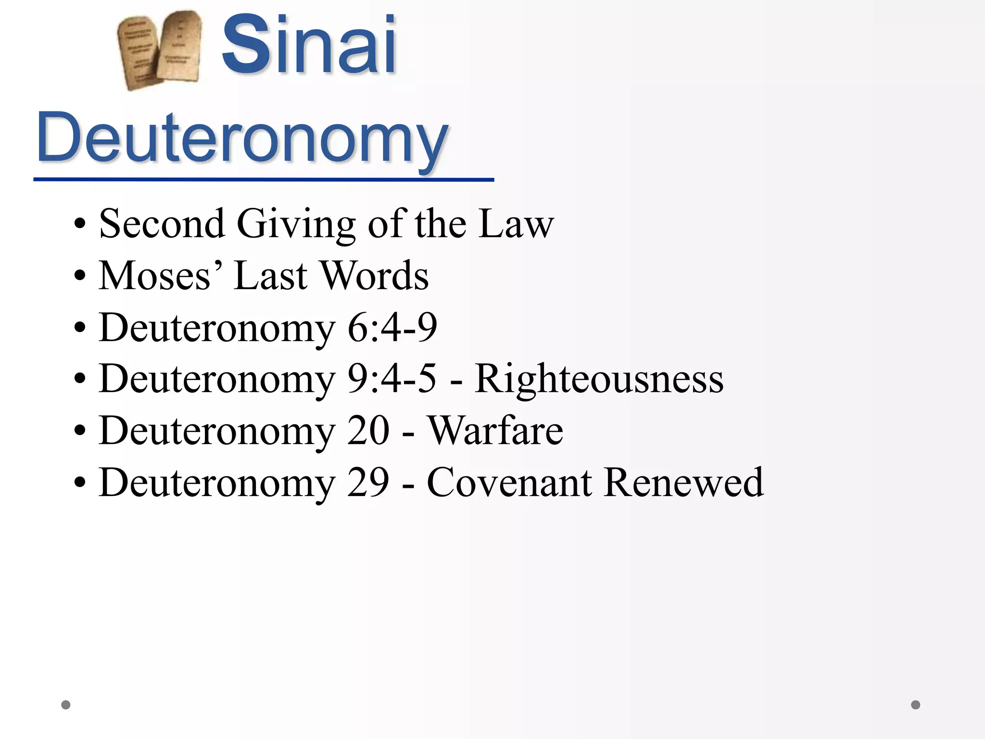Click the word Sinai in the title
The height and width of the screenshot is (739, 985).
coord(309,46)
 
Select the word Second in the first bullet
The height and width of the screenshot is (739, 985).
coord(162,224)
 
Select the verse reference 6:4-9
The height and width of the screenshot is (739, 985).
coord(392,328)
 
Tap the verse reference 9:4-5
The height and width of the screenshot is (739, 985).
coord(392,379)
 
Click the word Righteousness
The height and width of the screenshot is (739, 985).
coord(599,379)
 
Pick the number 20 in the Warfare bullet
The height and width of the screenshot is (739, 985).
coord(368,431)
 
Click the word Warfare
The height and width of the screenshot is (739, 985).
coord(495,431)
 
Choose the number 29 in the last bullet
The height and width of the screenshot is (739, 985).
coord(368,483)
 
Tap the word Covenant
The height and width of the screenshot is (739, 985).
coord(509,483)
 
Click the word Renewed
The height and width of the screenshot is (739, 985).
coord(683,483)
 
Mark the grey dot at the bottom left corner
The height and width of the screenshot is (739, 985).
coord(66,705)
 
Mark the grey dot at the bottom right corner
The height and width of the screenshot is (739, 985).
coord(916,705)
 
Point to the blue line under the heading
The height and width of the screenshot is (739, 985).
coord(264,179)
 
